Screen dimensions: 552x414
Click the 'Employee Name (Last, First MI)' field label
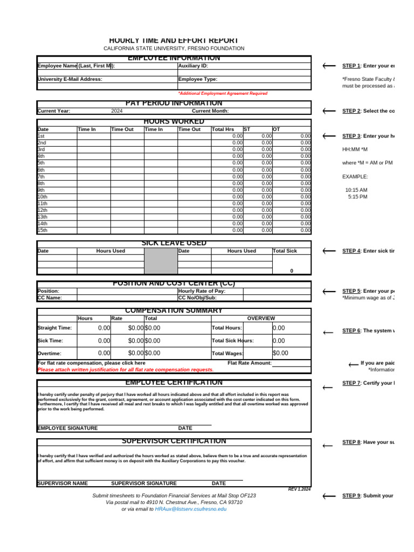75,66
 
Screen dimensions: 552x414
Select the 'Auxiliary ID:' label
193,66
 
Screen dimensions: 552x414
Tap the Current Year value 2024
117,111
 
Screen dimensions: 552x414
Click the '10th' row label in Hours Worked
43,197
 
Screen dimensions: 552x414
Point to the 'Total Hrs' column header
223,129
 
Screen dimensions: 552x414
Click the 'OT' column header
277,129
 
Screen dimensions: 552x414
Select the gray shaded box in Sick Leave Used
161,261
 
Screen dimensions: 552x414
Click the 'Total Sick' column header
285,251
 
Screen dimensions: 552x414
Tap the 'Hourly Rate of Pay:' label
202,291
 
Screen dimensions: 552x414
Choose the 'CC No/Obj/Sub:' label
197,298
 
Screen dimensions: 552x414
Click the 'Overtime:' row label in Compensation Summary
49,354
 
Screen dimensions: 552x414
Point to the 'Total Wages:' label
227,354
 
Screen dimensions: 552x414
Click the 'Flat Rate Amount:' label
249,363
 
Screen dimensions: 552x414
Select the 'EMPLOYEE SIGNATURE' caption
67,428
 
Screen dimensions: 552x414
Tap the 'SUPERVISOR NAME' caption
63,484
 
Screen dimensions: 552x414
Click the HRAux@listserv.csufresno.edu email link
191,509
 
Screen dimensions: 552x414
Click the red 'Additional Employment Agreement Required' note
223,93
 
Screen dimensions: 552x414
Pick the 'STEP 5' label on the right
351,291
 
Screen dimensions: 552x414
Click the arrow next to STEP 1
328,66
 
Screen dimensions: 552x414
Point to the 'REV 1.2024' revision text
299,489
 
